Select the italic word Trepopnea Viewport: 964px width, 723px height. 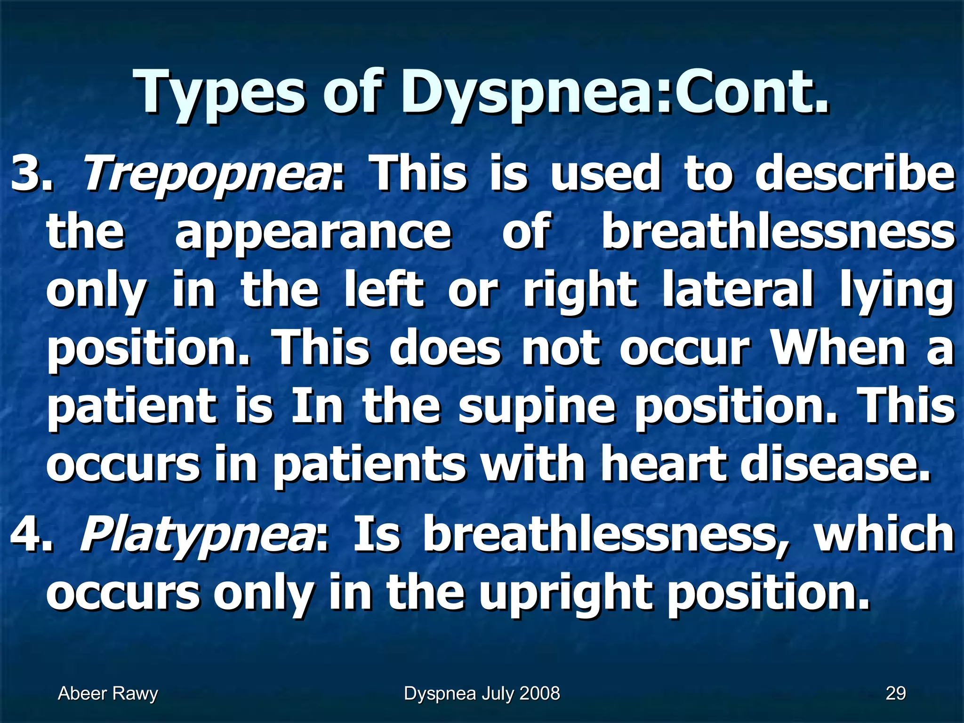[207, 175]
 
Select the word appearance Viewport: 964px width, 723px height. [313, 233]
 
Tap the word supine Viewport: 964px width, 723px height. [537, 408]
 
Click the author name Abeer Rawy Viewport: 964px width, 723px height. [108, 693]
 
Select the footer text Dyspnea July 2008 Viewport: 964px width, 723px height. [482, 693]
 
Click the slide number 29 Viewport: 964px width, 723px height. [896, 693]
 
